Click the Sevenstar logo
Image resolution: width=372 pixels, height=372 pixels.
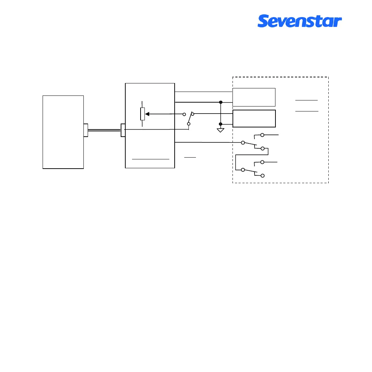tap(300, 21)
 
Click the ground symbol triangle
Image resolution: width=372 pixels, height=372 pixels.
tap(220, 130)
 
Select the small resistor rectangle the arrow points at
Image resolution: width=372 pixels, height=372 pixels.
tap(143, 114)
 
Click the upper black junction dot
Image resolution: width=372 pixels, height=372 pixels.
tap(220, 102)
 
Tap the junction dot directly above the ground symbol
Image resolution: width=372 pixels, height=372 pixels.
tap(220, 124)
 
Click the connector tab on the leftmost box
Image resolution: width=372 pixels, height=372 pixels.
tap(86, 130)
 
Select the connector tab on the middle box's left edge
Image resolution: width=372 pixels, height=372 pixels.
tap(123, 130)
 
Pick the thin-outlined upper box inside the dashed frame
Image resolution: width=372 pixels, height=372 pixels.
tap(254, 97)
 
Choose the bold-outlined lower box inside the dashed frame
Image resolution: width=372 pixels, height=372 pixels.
tap(254, 119)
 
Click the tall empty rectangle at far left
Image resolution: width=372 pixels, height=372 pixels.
tap(63, 132)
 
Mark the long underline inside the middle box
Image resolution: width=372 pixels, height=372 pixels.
tap(151, 159)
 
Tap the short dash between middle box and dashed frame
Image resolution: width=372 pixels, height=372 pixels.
tap(190, 157)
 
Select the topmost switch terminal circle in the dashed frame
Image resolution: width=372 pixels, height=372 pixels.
tap(262, 135)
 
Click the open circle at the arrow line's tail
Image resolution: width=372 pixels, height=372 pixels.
tap(184, 114)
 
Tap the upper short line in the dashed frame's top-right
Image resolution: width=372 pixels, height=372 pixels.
tap(306, 100)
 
